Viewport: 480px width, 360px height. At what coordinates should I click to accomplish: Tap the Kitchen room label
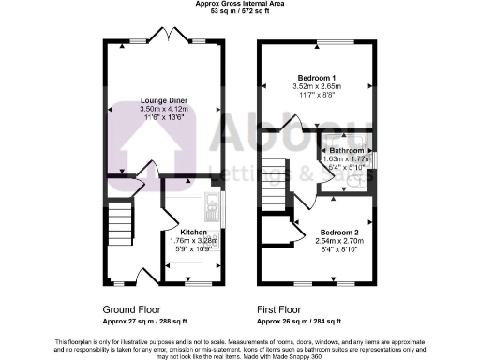[x=193, y=230]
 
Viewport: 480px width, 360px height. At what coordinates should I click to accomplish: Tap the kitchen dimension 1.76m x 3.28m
[x=193, y=240]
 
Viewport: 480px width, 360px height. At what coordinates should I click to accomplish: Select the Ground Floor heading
[x=131, y=308]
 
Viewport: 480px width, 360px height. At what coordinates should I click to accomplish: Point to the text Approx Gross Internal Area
[x=240, y=5]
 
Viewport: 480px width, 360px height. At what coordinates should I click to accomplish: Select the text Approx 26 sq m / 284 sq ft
[x=296, y=320]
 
